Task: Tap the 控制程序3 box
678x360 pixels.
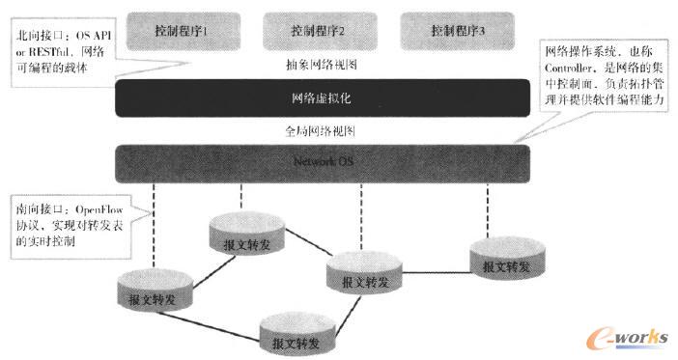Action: click(458, 30)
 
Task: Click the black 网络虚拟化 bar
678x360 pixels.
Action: click(324, 97)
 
